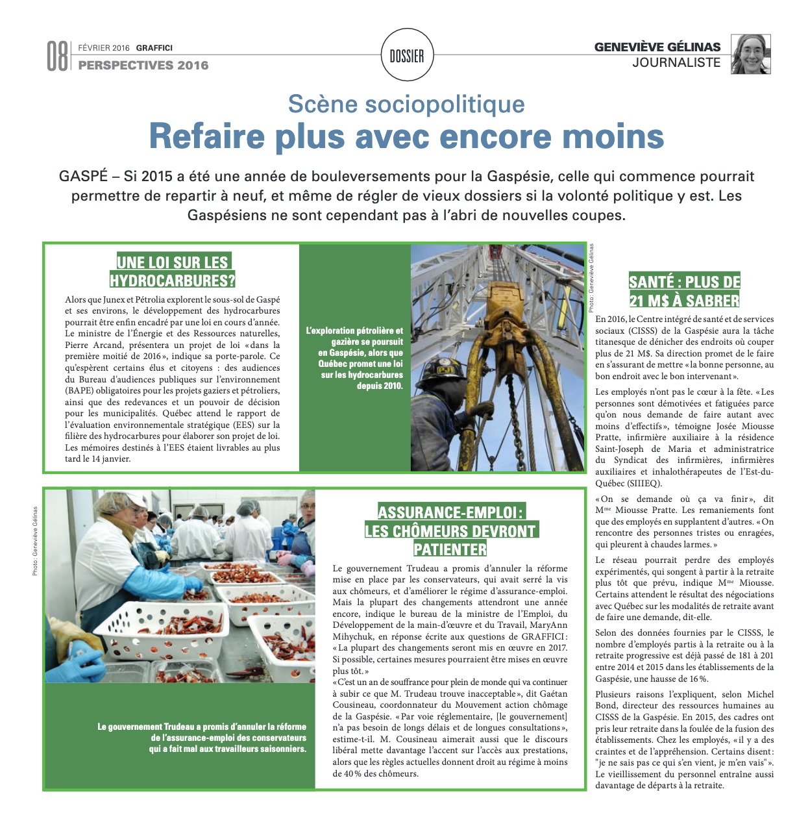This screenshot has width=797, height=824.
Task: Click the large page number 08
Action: [x=57, y=56]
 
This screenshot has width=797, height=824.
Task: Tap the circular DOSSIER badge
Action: [x=407, y=56]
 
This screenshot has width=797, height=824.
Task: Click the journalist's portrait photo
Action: [x=752, y=54]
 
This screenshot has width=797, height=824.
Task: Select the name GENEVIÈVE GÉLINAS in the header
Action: [x=657, y=47]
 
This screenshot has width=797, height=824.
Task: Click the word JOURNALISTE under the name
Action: [x=676, y=62]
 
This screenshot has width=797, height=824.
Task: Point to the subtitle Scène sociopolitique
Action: [x=406, y=104]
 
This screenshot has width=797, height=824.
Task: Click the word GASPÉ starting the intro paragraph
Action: [x=81, y=177]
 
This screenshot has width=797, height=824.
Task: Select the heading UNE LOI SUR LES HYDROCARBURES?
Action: [x=173, y=271]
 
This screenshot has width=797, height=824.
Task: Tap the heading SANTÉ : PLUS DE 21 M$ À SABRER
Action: [x=684, y=291]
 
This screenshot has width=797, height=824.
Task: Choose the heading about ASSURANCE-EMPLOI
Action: [x=450, y=531]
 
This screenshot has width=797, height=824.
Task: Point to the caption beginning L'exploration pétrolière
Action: [x=355, y=358]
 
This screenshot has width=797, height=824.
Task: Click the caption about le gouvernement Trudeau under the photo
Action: [x=202, y=738]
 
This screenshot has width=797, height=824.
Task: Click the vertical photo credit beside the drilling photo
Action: [x=591, y=278]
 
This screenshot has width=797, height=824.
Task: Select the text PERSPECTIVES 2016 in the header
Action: [x=143, y=65]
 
